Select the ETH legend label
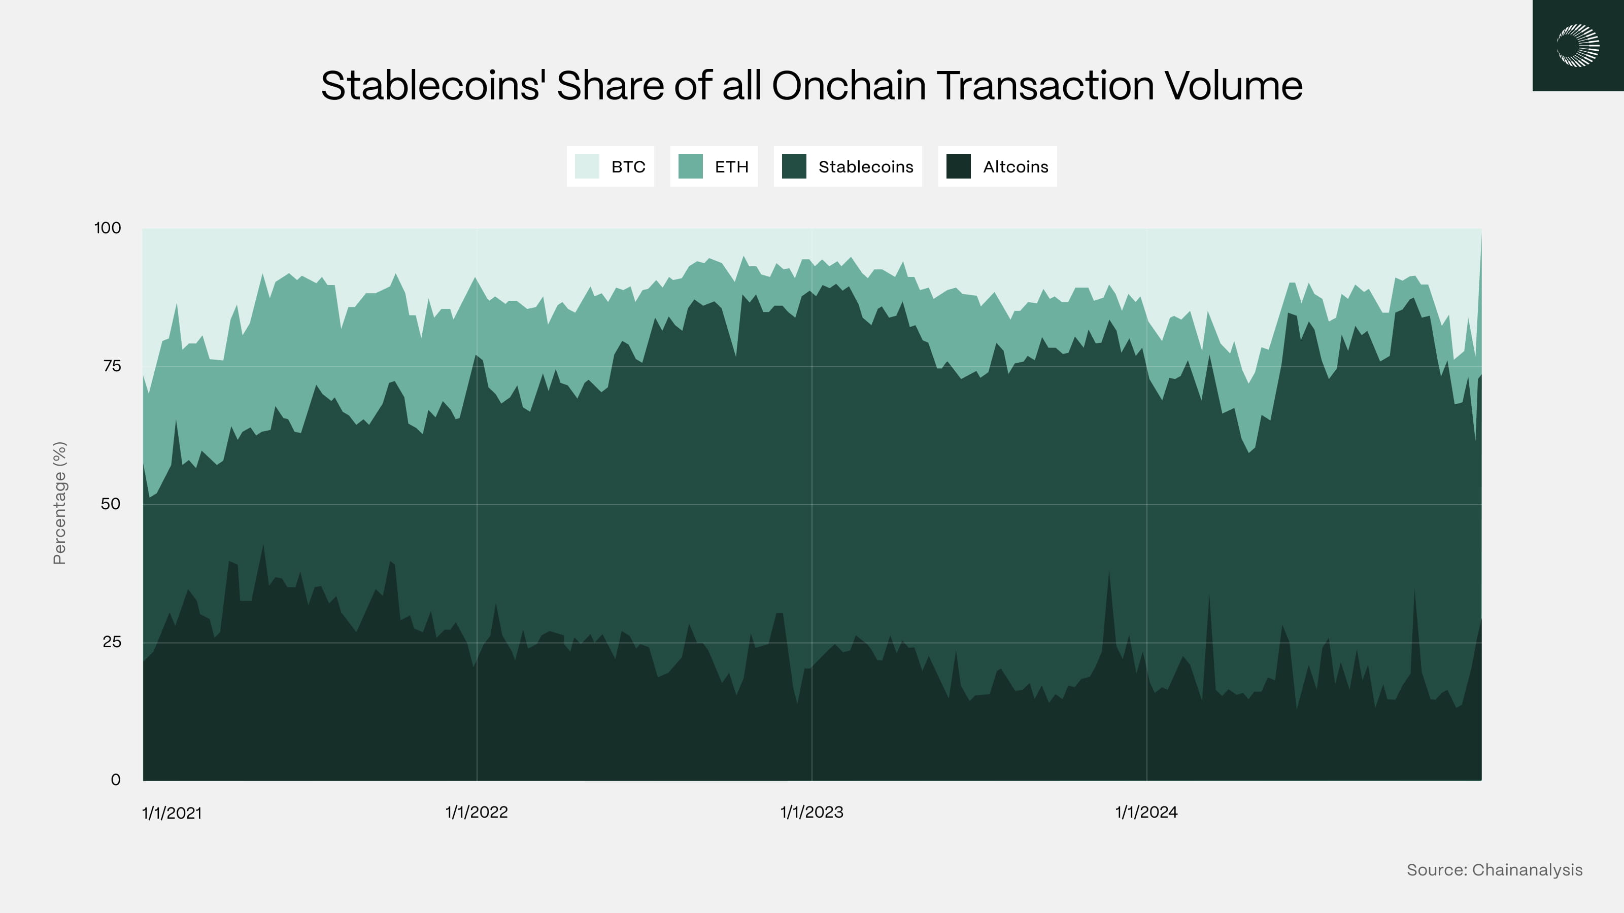pyautogui.click(x=731, y=167)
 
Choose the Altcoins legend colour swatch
pyautogui.click(x=958, y=166)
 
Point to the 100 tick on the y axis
pyautogui.click(x=108, y=228)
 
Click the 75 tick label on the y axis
pyautogui.click(x=112, y=366)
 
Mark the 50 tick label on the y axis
pyautogui.click(x=110, y=504)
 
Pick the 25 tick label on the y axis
pyautogui.click(x=112, y=642)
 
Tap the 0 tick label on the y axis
pyautogui.click(x=115, y=780)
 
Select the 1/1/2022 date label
pyautogui.click(x=477, y=812)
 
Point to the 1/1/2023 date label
pyautogui.click(x=811, y=812)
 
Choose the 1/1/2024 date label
pyautogui.click(x=1146, y=812)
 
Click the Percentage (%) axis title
pyautogui.click(x=59, y=503)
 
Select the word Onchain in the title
pyautogui.click(x=849, y=86)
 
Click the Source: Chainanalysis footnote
pyautogui.click(x=1494, y=870)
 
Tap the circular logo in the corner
pyautogui.click(x=1578, y=45)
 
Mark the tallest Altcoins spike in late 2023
pyautogui.click(x=1109, y=573)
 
